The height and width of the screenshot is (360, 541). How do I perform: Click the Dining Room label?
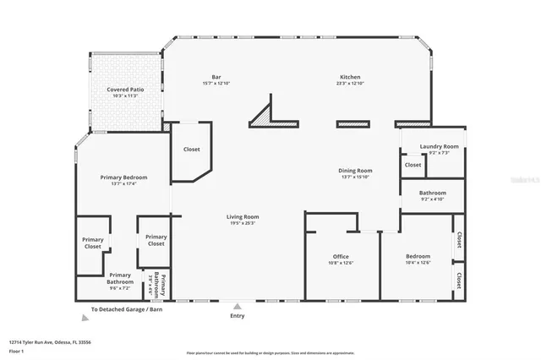[x=356, y=171]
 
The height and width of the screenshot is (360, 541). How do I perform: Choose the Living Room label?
[x=242, y=217]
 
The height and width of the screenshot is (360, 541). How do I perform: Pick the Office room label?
[x=341, y=256]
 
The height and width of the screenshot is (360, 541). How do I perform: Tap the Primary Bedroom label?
[x=123, y=177]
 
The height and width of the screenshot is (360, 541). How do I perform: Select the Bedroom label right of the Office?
[x=418, y=256]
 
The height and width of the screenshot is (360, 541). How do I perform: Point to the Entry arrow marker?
[x=238, y=307]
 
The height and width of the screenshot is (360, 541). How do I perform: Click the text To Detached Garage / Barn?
[x=127, y=310]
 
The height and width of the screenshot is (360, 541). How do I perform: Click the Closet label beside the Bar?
[x=192, y=150]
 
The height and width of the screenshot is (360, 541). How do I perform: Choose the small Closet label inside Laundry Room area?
[x=413, y=166]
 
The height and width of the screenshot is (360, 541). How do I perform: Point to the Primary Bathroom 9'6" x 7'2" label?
[x=120, y=279]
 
